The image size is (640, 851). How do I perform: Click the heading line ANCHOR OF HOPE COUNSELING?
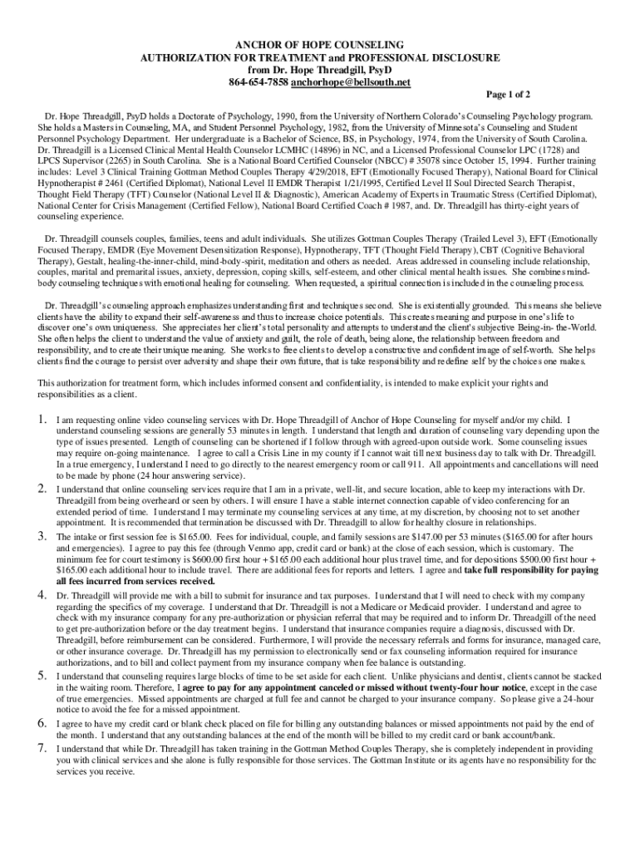319,43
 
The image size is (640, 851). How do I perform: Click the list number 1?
42,420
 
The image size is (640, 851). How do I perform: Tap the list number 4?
42,595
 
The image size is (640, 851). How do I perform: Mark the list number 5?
42,675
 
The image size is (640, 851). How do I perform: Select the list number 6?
42,724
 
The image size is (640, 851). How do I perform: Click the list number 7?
42,748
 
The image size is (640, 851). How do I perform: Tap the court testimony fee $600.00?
226,560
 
